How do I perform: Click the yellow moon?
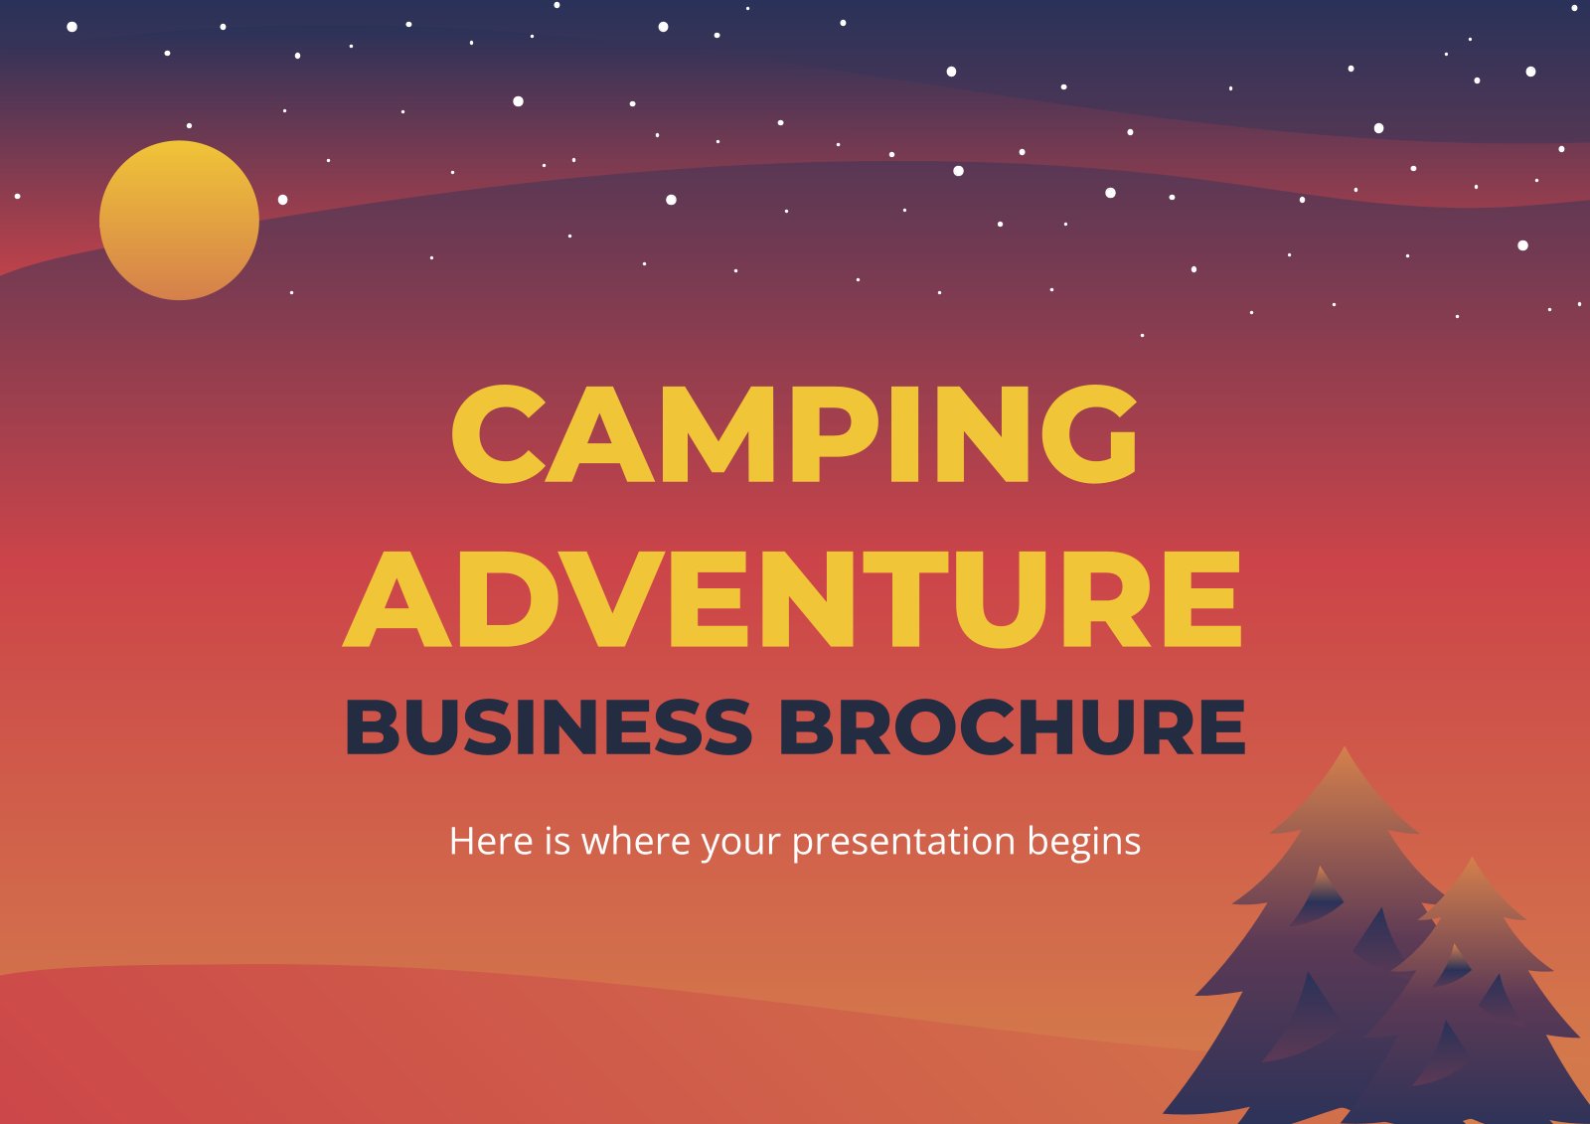pos(179,220)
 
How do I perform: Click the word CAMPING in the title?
pos(794,435)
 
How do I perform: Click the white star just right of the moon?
pos(282,200)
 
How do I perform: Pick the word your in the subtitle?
pos(740,843)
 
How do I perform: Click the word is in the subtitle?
pos(556,841)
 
